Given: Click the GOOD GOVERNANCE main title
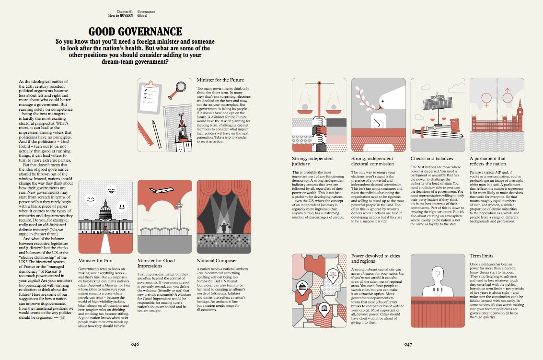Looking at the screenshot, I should [135, 32].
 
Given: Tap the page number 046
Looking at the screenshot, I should [136, 344].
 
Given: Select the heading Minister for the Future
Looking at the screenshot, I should [220, 80].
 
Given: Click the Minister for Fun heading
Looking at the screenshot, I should [95, 261].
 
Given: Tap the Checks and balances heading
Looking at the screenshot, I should [431, 158].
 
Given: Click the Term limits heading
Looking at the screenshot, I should [481, 256].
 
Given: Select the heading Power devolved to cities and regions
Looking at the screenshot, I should [375, 258].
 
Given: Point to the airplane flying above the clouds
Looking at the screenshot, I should [162, 190].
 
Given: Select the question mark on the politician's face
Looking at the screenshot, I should [438, 274].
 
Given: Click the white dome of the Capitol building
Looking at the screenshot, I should [105, 207].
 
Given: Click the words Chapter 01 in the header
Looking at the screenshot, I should [125, 11].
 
